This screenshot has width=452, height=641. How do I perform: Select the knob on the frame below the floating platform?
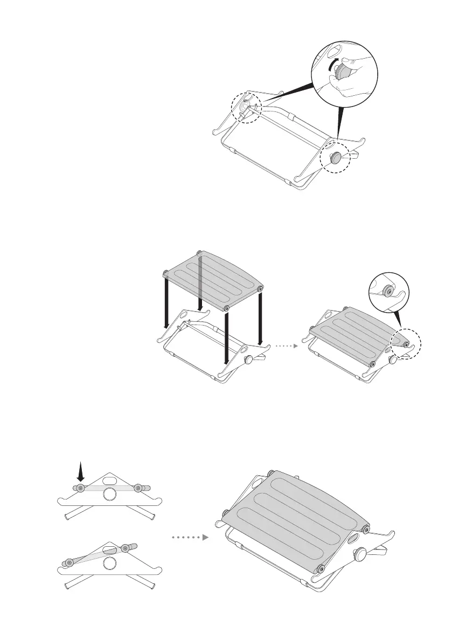coord(249,359)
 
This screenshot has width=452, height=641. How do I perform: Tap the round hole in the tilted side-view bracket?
coord(110,563)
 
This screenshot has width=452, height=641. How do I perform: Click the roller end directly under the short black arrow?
coord(80,488)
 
